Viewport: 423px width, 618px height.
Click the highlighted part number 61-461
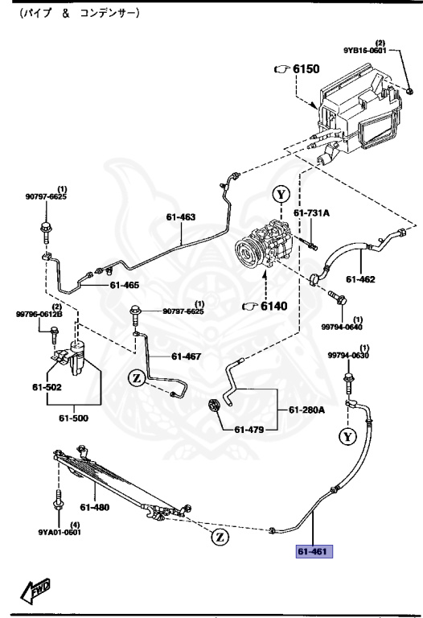pyautogui.click(x=313, y=551)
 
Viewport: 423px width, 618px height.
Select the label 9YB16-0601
pyautogui.click(x=366, y=50)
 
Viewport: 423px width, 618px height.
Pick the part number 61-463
pyautogui.click(x=182, y=216)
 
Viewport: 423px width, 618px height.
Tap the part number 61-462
pyautogui.click(x=362, y=279)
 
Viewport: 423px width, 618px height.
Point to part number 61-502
pyautogui.click(x=47, y=388)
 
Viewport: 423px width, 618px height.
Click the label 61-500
pyautogui.click(x=75, y=419)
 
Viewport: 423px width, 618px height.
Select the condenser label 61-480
pyautogui.click(x=95, y=507)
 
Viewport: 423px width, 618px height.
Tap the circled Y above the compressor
pyautogui.click(x=280, y=194)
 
